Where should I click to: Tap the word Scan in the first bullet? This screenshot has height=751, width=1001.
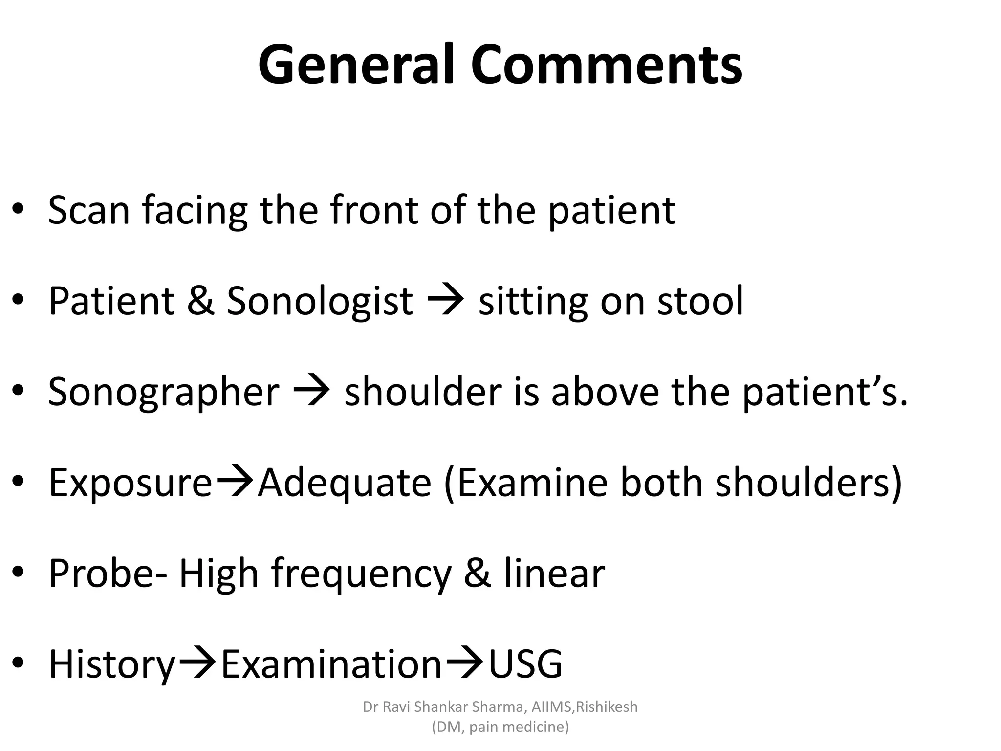click(89, 210)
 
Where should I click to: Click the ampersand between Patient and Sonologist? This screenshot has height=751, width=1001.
click(200, 301)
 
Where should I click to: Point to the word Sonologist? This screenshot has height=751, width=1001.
click(320, 302)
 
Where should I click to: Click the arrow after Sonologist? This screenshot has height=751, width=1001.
click(445, 301)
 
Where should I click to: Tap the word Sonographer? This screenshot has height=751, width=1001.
click(164, 393)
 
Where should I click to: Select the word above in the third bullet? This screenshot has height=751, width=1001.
click(605, 392)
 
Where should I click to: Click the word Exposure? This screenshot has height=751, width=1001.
click(131, 484)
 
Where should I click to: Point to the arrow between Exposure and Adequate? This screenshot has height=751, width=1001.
click(235, 483)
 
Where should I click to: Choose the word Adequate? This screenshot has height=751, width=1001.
click(345, 484)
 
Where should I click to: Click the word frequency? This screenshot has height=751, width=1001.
click(361, 574)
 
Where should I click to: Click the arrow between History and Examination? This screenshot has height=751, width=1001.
click(197, 664)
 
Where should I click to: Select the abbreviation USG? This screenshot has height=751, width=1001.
click(525, 665)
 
